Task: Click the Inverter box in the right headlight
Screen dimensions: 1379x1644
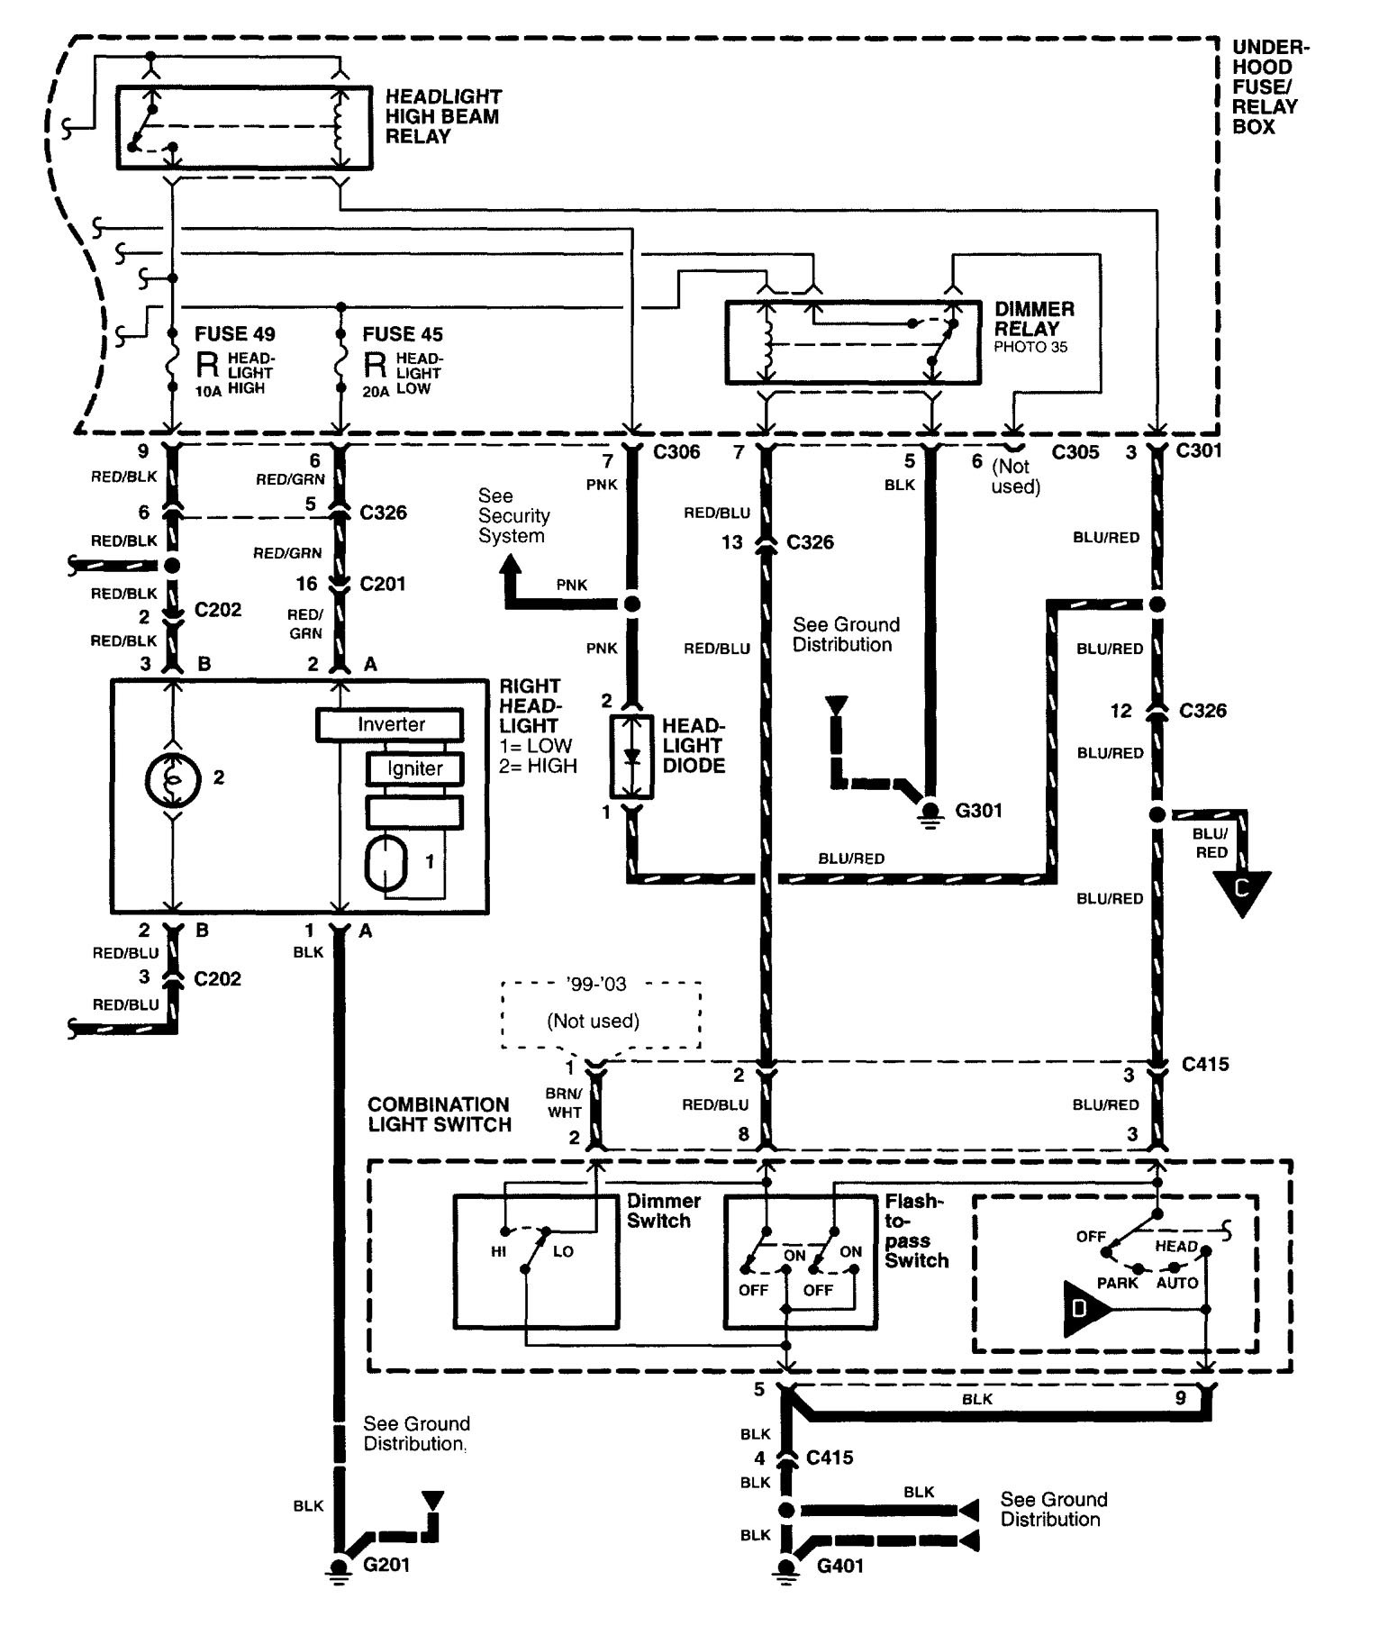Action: coord(390,724)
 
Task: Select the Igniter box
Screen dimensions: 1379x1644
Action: coord(414,768)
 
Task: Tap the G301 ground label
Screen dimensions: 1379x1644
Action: coord(979,811)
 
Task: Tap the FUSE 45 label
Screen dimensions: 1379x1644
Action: coord(403,334)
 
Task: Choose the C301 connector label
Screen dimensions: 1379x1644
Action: coord(1199,450)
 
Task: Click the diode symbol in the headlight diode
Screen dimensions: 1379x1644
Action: coord(631,757)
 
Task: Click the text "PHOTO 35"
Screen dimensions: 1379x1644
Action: coord(1030,347)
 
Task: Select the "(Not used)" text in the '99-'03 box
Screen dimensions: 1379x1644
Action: coord(594,1021)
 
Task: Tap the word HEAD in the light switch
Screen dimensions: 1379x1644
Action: coord(1176,1247)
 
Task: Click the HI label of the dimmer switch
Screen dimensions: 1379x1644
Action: coord(498,1252)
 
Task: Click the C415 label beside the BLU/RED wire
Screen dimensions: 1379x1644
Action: coord(1205,1064)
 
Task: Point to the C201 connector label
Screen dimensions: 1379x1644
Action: coord(383,584)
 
